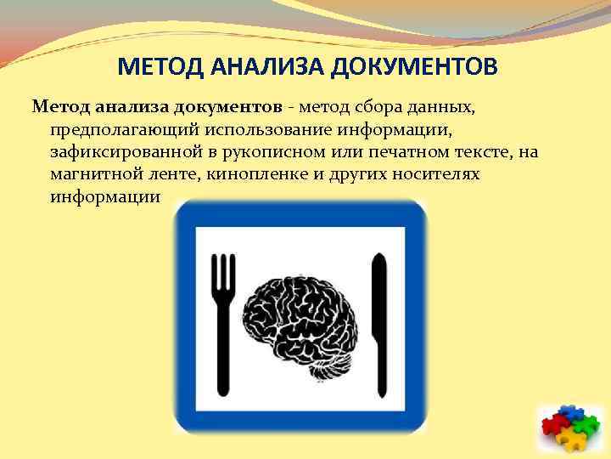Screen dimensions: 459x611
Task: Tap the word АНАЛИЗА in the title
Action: [x=258, y=66]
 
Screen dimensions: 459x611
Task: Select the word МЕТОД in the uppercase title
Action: [x=154, y=66]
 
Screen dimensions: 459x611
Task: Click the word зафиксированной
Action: [x=118, y=152]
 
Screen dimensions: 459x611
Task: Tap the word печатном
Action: [x=378, y=152]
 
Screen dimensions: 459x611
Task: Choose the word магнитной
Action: [x=90, y=174]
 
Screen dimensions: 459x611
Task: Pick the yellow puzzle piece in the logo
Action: [x=575, y=439]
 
